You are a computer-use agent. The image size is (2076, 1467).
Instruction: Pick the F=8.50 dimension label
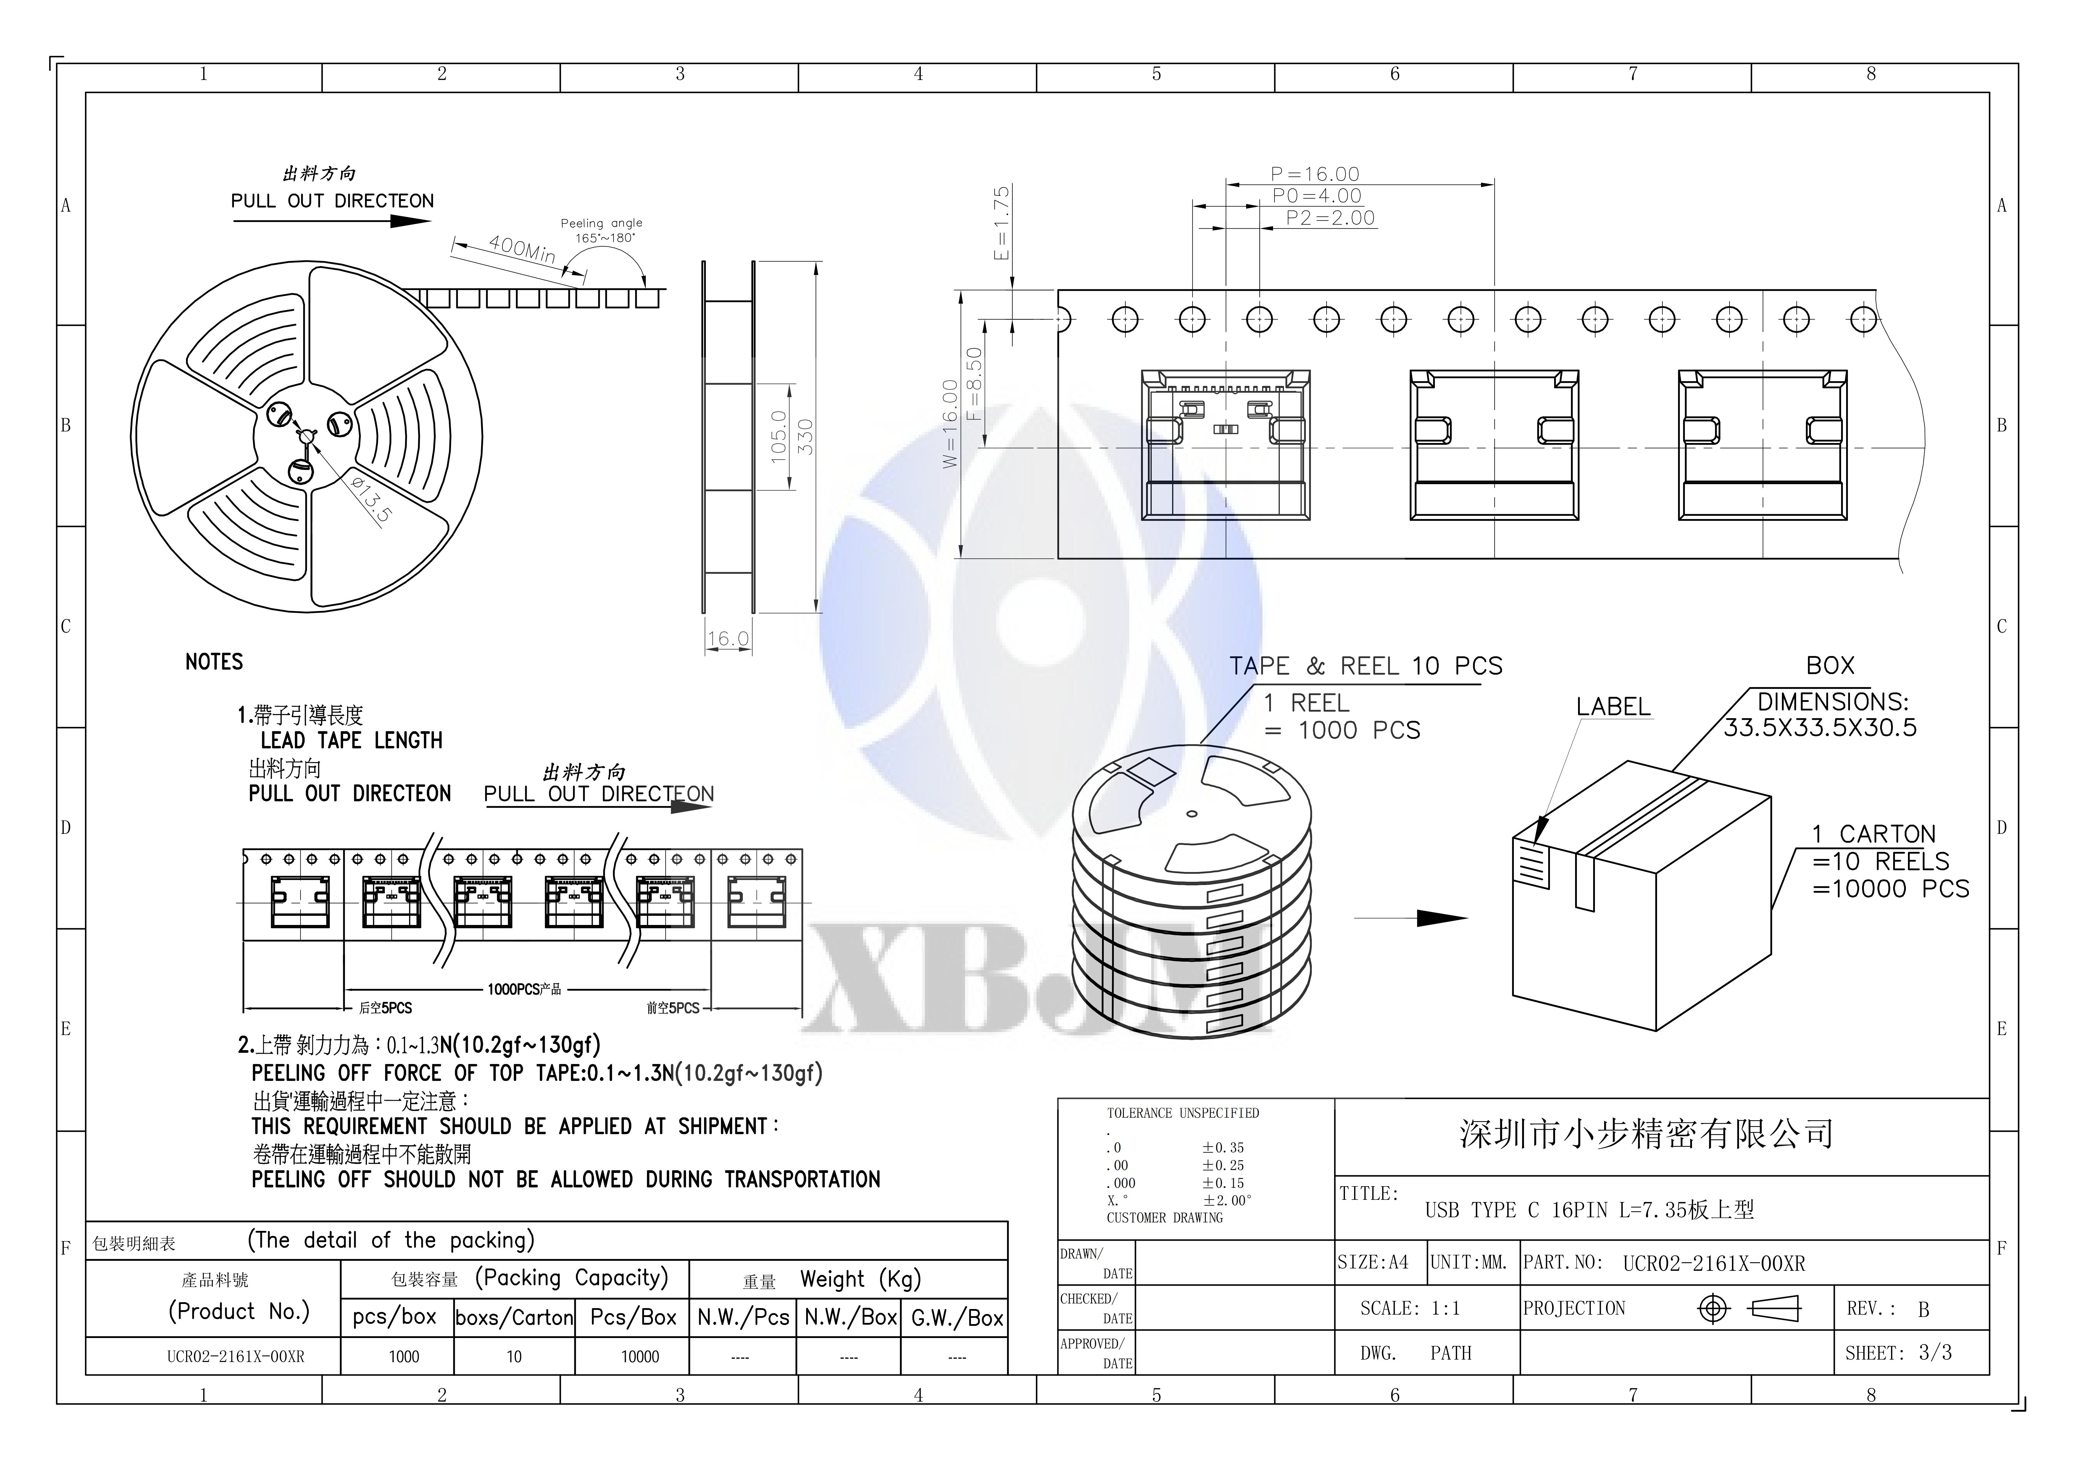(x=974, y=384)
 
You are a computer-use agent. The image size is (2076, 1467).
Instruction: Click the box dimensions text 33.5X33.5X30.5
(x=1820, y=728)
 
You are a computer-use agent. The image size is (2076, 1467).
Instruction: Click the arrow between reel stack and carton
(x=1411, y=918)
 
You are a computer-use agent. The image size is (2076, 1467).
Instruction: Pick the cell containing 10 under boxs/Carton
(x=514, y=1357)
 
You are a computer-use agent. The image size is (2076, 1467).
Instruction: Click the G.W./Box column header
(x=956, y=1319)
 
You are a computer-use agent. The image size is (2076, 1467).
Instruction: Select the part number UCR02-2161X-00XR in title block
(x=1714, y=1264)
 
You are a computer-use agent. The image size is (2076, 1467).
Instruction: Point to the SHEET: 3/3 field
(x=1899, y=1354)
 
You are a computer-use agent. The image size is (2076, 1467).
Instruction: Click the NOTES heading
(x=214, y=662)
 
